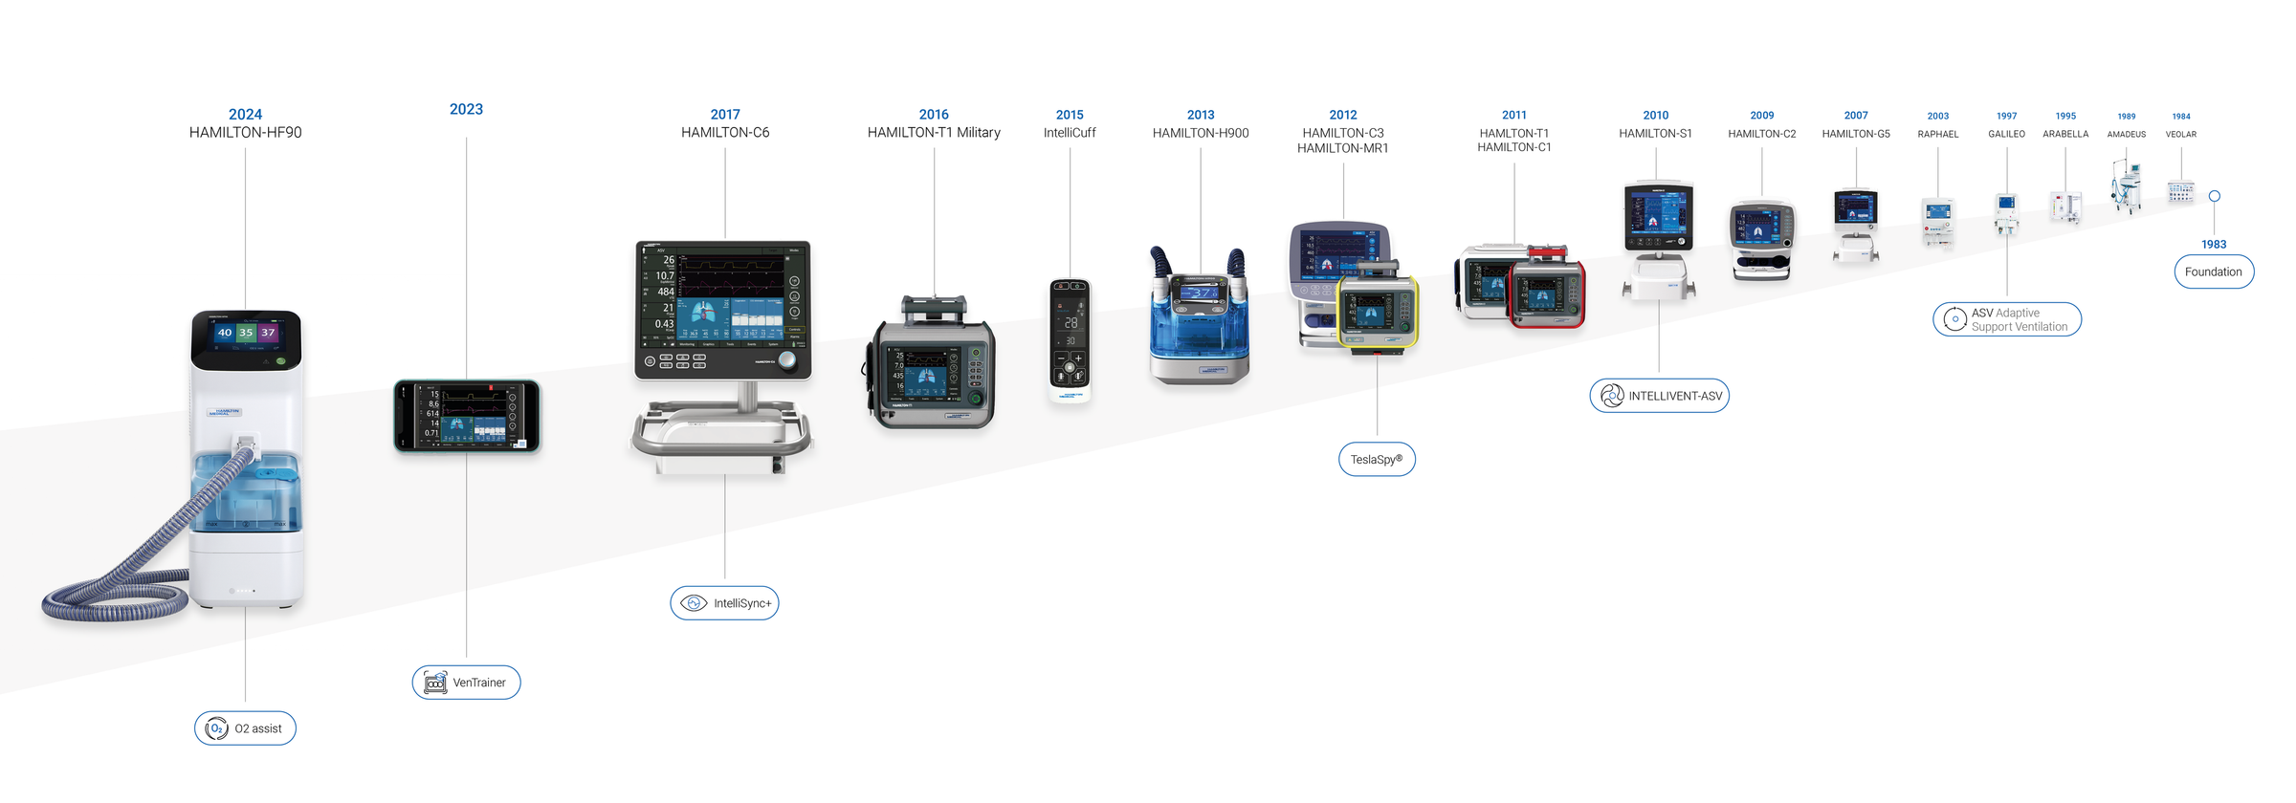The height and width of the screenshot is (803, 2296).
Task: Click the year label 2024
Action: tap(245, 115)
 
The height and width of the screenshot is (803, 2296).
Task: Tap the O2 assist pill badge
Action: tap(245, 728)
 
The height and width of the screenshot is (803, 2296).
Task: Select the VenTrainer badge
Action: tap(466, 683)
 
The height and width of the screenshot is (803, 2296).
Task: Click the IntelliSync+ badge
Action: tap(724, 603)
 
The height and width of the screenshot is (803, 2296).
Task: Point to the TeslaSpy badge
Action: tap(1376, 460)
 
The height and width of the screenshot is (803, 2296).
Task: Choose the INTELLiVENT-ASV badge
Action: tap(1659, 396)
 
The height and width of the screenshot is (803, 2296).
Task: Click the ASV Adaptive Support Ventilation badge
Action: tap(2006, 319)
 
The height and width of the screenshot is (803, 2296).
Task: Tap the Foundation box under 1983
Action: tap(2213, 271)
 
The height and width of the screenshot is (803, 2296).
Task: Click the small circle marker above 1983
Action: tap(2214, 196)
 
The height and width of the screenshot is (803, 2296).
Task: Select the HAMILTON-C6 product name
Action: tap(725, 133)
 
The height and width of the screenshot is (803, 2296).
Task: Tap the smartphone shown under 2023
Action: tap(467, 417)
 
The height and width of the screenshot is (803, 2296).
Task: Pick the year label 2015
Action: tap(1070, 115)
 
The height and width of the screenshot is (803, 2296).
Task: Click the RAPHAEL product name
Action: tap(1937, 135)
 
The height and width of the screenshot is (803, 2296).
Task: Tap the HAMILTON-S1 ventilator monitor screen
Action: tap(1658, 216)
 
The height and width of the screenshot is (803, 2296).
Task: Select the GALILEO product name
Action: tap(2006, 135)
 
